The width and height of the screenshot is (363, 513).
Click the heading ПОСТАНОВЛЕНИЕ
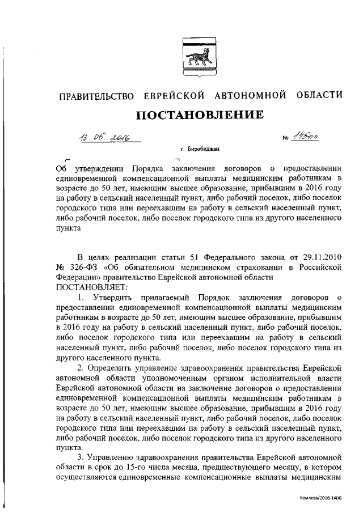[x=200, y=115]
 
